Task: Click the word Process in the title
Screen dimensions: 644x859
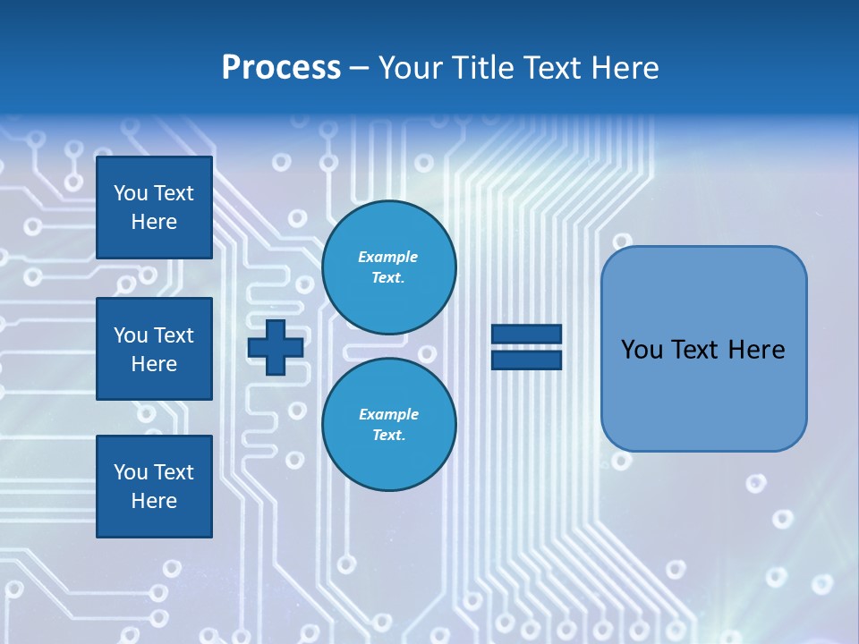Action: [x=281, y=68]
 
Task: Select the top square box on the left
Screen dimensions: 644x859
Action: [x=154, y=208]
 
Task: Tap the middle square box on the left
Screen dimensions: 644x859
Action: [x=154, y=349]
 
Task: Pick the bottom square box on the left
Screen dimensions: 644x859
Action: [x=154, y=487]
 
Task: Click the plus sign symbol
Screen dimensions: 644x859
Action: [x=276, y=347]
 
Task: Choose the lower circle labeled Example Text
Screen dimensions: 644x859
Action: [x=388, y=425]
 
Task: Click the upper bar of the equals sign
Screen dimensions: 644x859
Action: [x=526, y=335]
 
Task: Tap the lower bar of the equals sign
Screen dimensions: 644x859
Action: [x=526, y=360]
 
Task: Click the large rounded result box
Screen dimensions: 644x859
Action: [x=703, y=349]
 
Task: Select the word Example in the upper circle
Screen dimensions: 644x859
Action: [x=388, y=257]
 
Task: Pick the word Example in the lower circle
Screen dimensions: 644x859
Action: [x=388, y=414]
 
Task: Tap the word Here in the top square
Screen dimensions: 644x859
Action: [x=154, y=222]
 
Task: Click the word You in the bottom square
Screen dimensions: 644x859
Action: [x=130, y=472]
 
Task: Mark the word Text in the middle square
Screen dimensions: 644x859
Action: [x=173, y=335]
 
